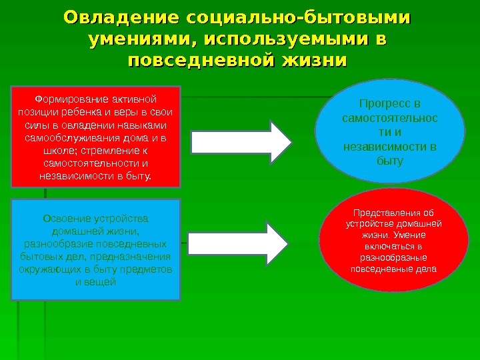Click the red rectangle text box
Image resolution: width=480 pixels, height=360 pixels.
[x=96, y=136]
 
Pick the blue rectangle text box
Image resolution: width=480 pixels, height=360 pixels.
[x=96, y=249]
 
